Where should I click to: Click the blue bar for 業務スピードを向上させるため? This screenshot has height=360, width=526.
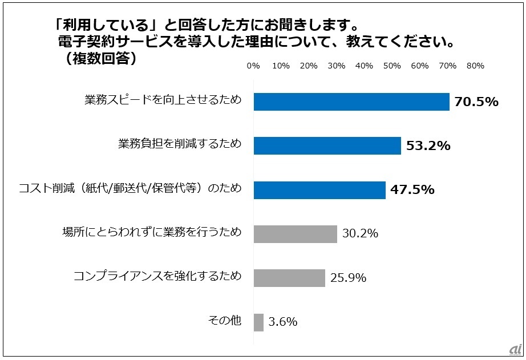pyautogui.click(x=351, y=102)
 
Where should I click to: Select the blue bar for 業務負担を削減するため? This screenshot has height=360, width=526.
pyautogui.click(x=327, y=145)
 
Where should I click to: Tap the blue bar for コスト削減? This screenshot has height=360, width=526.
pyautogui.click(x=319, y=190)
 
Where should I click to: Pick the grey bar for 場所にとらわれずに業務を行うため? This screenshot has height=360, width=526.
pyautogui.click(x=296, y=234)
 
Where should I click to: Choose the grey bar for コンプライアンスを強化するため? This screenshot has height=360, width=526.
pyautogui.click(x=289, y=278)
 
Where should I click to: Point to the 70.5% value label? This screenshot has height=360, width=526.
pyautogui.click(x=476, y=102)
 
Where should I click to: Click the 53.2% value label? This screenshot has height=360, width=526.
pyautogui.click(x=428, y=146)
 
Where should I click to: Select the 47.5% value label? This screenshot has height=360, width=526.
pyautogui.click(x=412, y=190)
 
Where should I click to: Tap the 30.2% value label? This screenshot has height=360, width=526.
pyautogui.click(x=361, y=234)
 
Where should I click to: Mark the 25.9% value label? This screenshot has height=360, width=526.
pyautogui.click(x=348, y=278)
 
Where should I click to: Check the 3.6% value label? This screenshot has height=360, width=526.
pyautogui.click(x=282, y=322)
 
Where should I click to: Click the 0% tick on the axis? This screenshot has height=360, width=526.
pyautogui.click(x=253, y=66)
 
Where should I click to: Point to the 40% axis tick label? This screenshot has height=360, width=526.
pyautogui.click(x=365, y=66)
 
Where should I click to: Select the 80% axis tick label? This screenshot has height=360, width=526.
pyautogui.click(x=475, y=66)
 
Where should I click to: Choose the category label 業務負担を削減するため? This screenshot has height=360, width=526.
pyautogui.click(x=180, y=145)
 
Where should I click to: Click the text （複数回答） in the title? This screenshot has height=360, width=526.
pyautogui.click(x=100, y=58)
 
